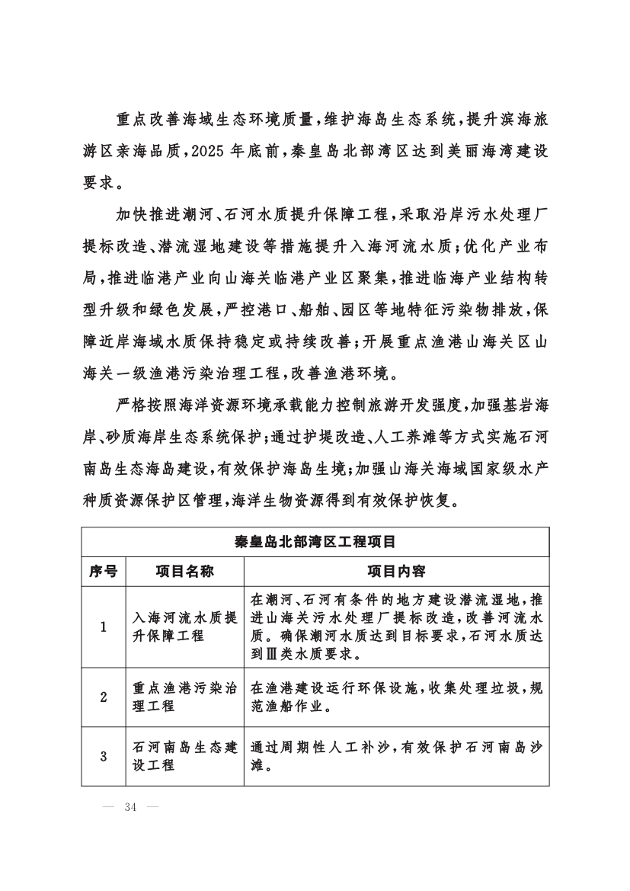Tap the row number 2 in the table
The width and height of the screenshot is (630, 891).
103,697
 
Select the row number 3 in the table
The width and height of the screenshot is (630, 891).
103,756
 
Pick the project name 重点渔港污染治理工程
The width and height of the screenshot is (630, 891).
184,697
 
